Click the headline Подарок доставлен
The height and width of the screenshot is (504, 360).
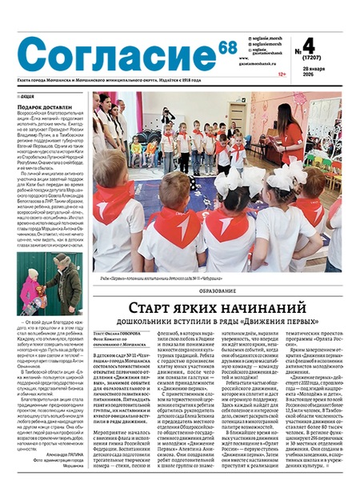pyautogui.click(x=44, y=106)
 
